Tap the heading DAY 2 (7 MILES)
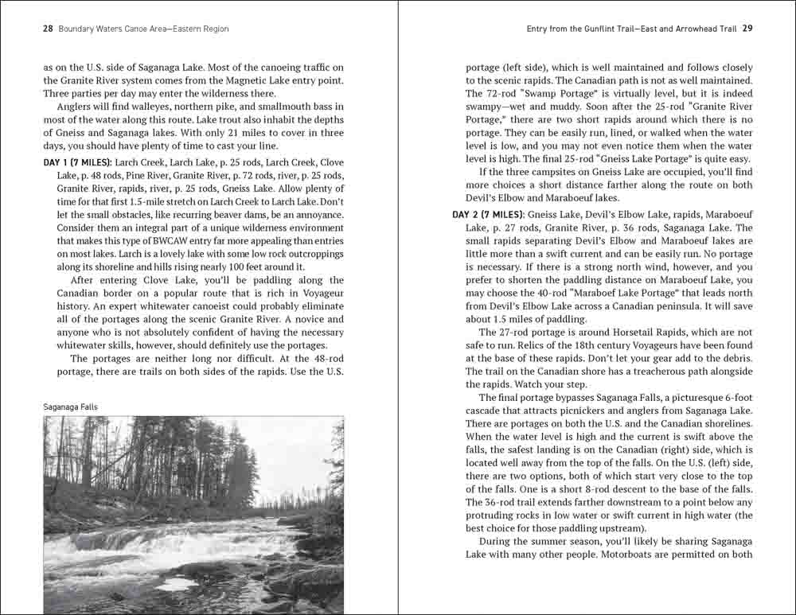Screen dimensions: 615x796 click(x=488, y=215)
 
